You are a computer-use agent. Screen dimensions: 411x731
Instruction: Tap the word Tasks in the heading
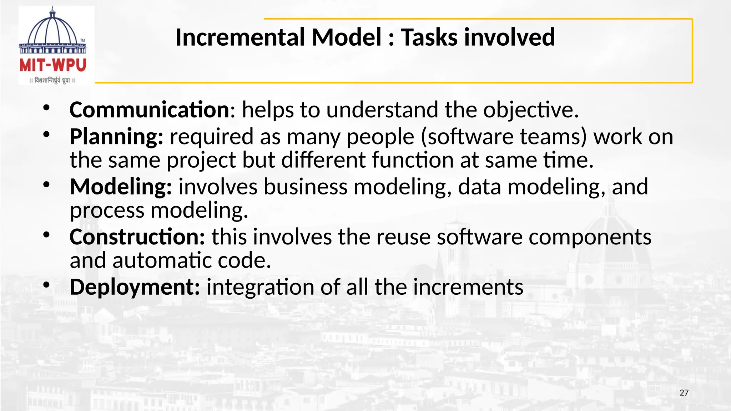pyautogui.click(x=429, y=37)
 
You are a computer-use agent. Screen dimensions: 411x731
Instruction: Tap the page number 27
pyautogui.click(x=684, y=393)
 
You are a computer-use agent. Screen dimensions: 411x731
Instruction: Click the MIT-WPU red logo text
pyautogui.click(x=53, y=66)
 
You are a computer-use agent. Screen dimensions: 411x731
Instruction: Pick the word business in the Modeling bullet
pyautogui.click(x=305, y=187)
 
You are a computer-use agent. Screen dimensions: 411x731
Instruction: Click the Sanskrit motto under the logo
pyautogui.click(x=52, y=81)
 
